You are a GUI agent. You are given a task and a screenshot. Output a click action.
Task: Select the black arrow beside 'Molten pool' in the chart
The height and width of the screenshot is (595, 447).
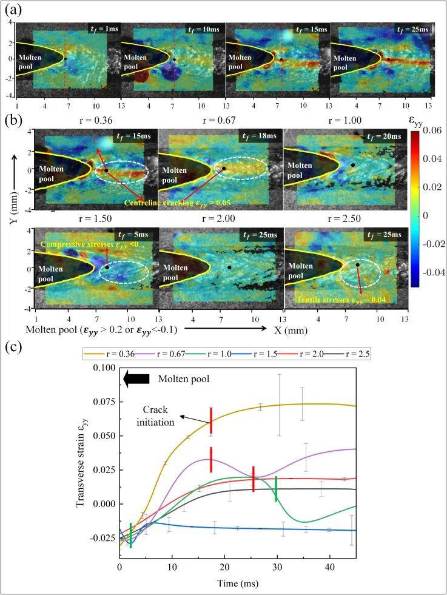point(136,379)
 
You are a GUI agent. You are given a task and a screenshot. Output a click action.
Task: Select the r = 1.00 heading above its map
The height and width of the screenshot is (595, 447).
point(344,120)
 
